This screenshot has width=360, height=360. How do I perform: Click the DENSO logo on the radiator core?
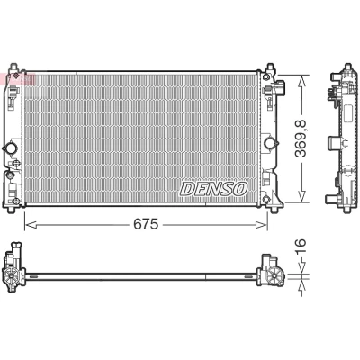[213, 189]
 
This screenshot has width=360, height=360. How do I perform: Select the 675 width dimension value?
[146, 224]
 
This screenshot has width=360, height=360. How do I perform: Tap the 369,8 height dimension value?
[301, 138]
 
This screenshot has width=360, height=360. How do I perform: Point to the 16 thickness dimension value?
[301, 247]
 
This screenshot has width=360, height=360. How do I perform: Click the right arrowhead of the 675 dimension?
[261, 224]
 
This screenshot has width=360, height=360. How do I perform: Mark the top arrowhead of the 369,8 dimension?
[302, 80]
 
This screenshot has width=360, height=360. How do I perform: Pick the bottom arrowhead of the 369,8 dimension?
[302, 196]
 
